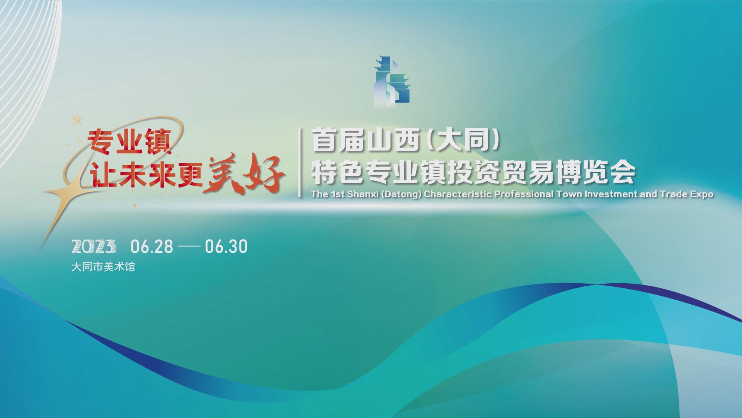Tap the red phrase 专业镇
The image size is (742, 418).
point(130,141)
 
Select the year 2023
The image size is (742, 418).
point(94,246)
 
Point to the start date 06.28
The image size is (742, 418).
point(152,246)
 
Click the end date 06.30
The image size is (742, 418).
point(226,246)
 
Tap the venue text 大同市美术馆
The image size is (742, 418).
point(103,267)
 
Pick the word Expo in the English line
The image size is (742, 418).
point(701,194)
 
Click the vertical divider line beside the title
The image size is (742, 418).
point(300,163)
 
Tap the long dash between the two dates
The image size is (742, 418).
point(189,247)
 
